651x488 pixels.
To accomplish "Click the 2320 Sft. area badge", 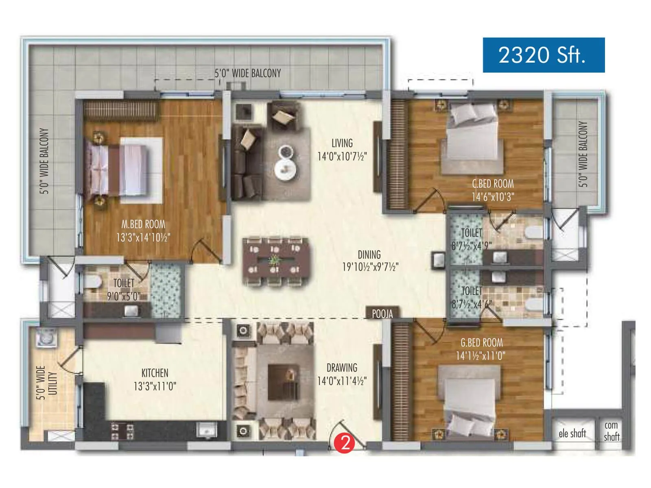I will pyautogui.click(x=543, y=55).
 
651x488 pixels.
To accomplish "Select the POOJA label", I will pyautogui.click(x=382, y=314).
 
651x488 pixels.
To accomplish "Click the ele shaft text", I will pyautogui.click(x=572, y=434).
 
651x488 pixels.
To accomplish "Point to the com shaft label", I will pyautogui.click(x=611, y=431).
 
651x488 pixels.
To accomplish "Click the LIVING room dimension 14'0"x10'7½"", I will pyautogui.click(x=342, y=156).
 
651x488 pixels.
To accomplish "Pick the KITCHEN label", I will pyautogui.click(x=155, y=373).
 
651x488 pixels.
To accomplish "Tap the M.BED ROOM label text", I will pyautogui.click(x=143, y=224).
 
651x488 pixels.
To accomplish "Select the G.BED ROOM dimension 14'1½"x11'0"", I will pyautogui.click(x=481, y=356).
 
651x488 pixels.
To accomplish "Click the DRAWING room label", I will pyautogui.click(x=342, y=368).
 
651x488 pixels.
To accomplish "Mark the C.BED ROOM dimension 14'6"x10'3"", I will pyautogui.click(x=493, y=197).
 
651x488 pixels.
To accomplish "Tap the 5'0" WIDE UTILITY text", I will pyautogui.click(x=46, y=383).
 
